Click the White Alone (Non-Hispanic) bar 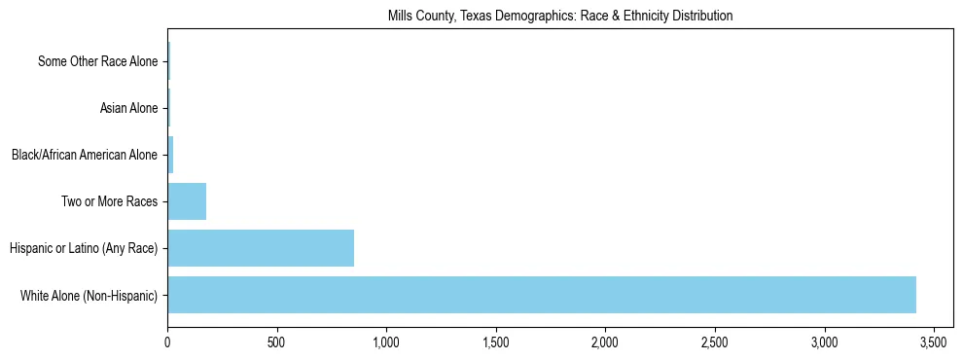(542, 295)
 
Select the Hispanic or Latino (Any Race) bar (261, 248)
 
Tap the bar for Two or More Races (187, 201)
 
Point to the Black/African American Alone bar (170, 155)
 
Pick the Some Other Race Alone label (97, 61)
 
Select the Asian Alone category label (128, 108)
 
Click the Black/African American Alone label (84, 155)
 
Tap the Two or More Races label (109, 201)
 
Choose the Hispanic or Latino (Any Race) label (83, 248)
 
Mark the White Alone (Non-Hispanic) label (89, 295)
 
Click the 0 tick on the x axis (167, 342)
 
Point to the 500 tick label (277, 342)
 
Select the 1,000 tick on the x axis (386, 342)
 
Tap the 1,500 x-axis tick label (496, 342)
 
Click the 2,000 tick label (605, 342)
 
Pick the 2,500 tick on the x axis (715, 342)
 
